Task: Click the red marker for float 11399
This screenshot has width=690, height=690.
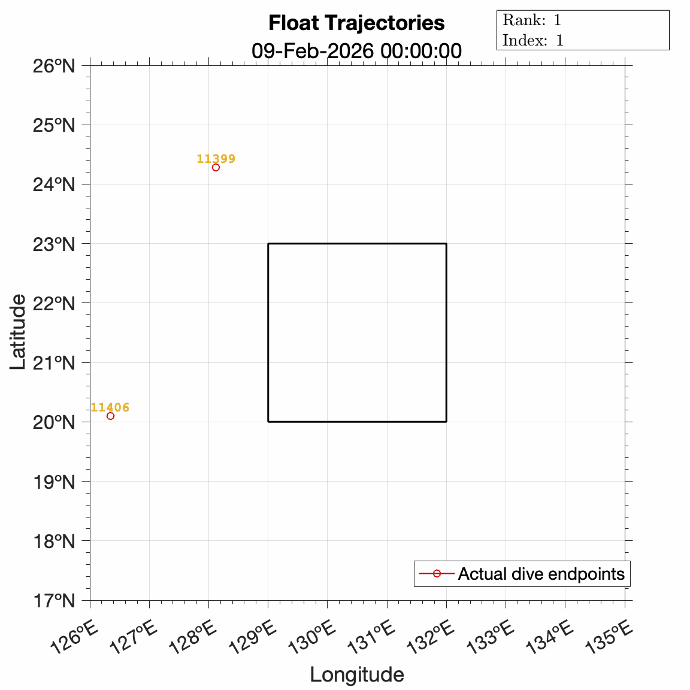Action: [216, 168]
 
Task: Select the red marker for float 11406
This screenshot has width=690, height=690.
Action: [110, 416]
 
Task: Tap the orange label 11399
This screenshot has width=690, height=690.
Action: [216, 159]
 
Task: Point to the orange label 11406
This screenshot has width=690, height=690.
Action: [110, 408]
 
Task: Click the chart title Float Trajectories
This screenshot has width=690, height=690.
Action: [356, 23]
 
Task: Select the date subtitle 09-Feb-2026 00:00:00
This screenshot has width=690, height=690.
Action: [356, 51]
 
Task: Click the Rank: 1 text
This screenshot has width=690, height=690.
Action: [532, 20]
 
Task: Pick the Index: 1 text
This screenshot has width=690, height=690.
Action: [533, 41]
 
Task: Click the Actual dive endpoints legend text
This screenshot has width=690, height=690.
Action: [541, 574]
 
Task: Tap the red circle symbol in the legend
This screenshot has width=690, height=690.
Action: [437, 574]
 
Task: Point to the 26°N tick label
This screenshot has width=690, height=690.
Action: [54, 65]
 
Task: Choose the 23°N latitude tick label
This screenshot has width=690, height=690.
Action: [54, 244]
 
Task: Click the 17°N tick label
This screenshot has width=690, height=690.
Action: [54, 600]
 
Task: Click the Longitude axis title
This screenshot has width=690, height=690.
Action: [357, 674]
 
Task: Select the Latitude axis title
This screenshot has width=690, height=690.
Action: [18, 332]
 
